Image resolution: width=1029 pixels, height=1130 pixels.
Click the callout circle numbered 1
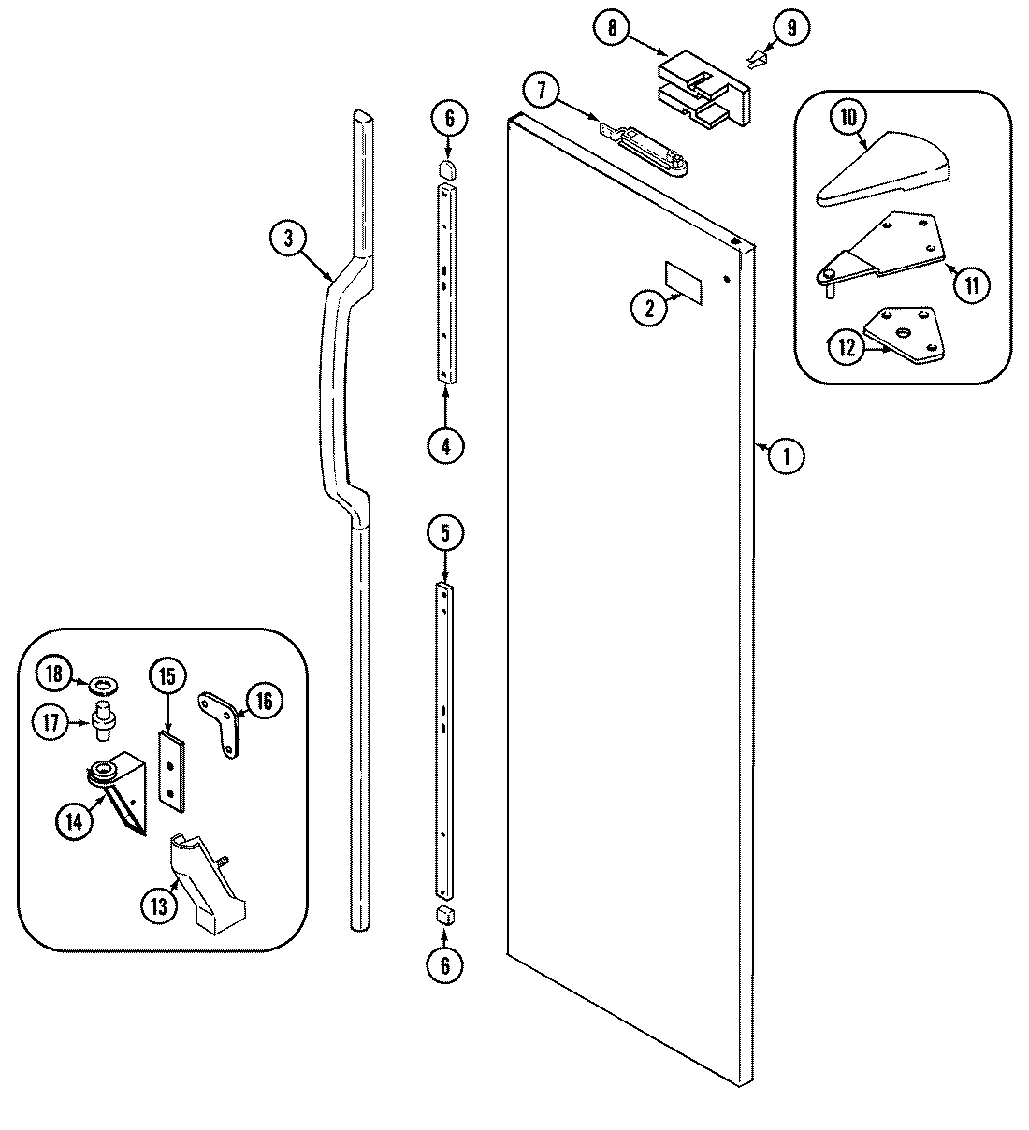[x=787, y=456]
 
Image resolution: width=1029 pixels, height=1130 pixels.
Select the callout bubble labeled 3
[x=288, y=239]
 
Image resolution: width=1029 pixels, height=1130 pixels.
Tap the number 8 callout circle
[x=612, y=28]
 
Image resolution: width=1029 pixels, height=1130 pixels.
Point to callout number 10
[x=848, y=118]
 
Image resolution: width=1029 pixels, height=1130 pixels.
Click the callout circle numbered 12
[x=846, y=348]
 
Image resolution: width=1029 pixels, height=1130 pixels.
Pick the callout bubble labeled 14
[x=75, y=821]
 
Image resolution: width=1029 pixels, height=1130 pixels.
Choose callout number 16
[x=264, y=701]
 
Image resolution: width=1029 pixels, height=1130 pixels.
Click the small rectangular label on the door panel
[x=681, y=279]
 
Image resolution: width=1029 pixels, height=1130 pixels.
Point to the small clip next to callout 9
[x=757, y=63]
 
